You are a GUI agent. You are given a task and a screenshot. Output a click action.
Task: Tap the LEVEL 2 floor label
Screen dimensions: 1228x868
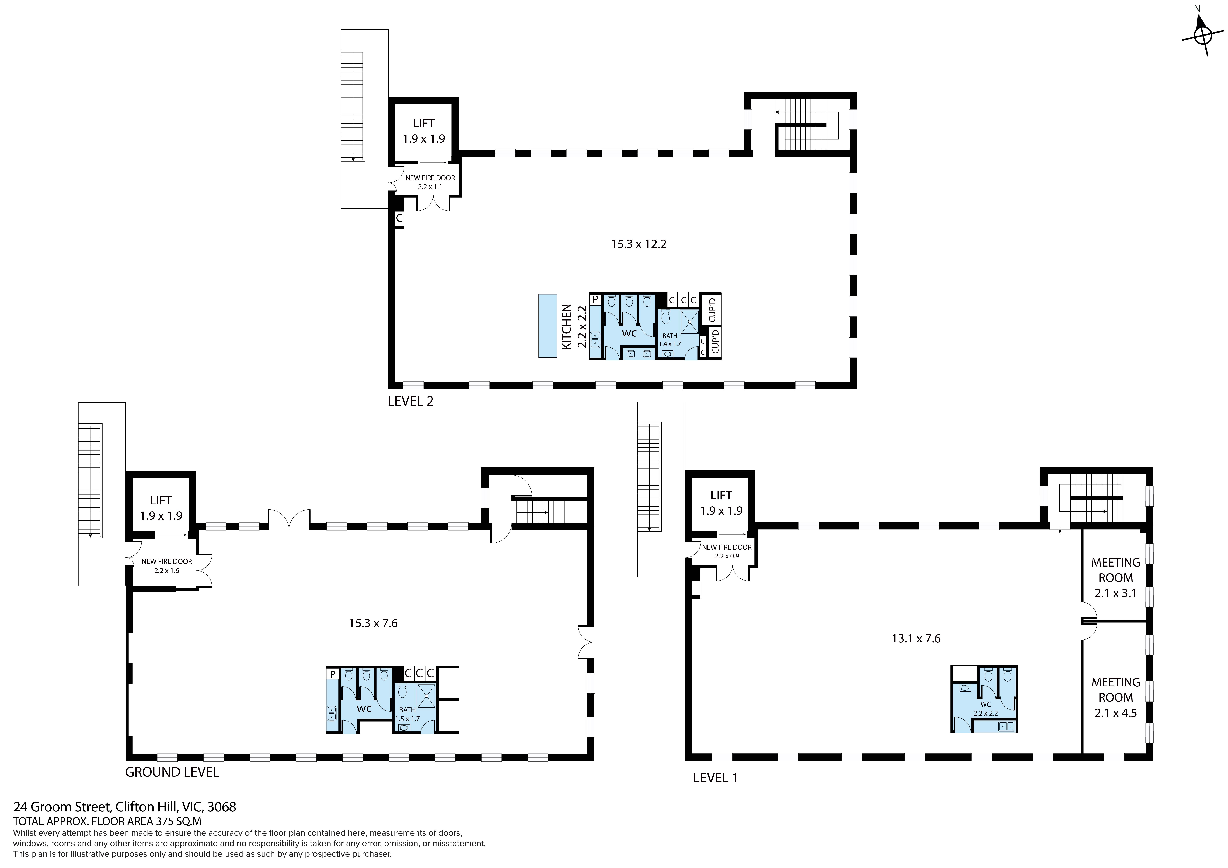click(x=410, y=401)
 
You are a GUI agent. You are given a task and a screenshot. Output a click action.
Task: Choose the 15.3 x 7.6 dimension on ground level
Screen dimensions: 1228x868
click(x=373, y=623)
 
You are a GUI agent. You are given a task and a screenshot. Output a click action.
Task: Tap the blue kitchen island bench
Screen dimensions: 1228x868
click(x=548, y=326)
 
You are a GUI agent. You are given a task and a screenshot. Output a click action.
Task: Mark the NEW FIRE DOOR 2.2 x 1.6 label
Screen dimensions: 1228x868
click(x=167, y=566)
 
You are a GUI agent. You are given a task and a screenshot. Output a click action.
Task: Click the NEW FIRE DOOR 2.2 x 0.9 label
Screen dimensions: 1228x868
click(x=727, y=551)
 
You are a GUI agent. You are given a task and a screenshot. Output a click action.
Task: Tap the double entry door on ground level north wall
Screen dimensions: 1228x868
click(x=289, y=520)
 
